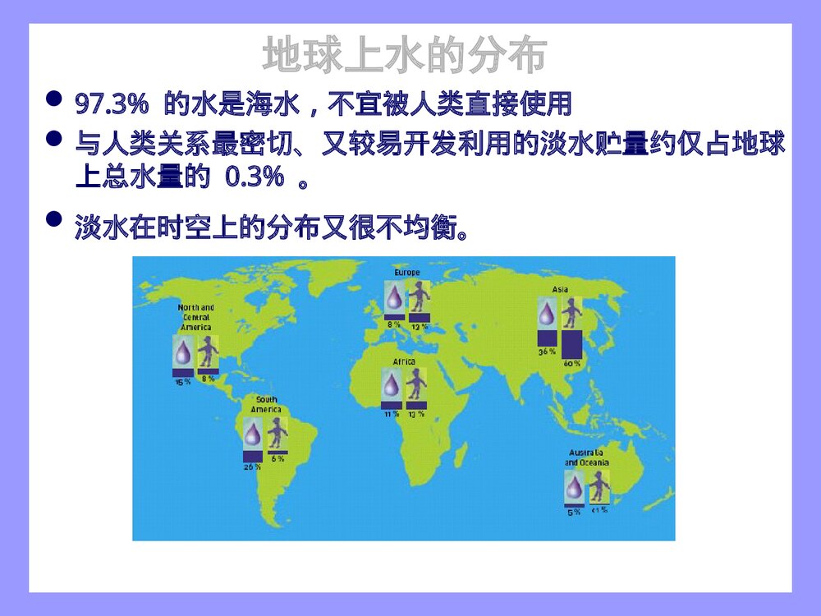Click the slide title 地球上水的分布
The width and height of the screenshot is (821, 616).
pyautogui.click(x=405, y=56)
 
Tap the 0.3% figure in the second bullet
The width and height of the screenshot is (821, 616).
pyautogui.click(x=255, y=178)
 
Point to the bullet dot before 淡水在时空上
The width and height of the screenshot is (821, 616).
pyautogui.click(x=54, y=219)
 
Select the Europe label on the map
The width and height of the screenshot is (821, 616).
pyautogui.click(x=406, y=273)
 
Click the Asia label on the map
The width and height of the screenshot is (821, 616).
pyautogui.click(x=560, y=289)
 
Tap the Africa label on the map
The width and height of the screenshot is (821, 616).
pyautogui.click(x=404, y=361)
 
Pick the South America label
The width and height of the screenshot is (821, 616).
pyautogui.click(x=266, y=405)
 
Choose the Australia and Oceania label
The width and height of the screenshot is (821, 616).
pyautogui.click(x=587, y=457)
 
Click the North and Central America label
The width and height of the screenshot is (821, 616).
pyautogui.click(x=196, y=317)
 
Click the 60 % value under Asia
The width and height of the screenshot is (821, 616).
pyautogui.click(x=571, y=363)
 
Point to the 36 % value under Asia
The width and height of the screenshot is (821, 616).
pyautogui.click(x=547, y=352)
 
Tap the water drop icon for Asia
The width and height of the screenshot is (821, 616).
pyautogui.click(x=547, y=313)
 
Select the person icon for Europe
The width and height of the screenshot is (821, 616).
pyautogui.click(x=420, y=296)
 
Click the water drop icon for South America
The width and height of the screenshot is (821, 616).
pyautogui.click(x=253, y=433)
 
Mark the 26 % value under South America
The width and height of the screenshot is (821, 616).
pyautogui.click(x=252, y=467)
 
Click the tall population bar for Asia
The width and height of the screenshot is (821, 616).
pyautogui.click(x=571, y=343)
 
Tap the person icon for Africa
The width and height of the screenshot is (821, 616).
pyautogui.click(x=417, y=384)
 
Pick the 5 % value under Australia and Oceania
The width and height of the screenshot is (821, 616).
pyautogui.click(x=574, y=512)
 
